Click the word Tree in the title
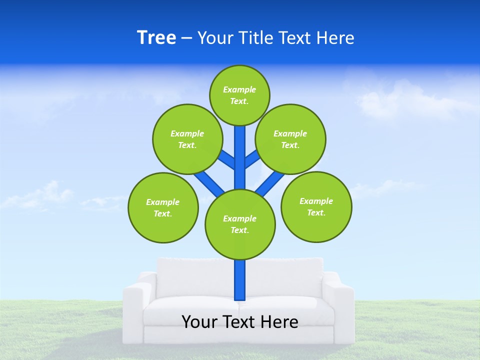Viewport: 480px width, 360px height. (x=156, y=38)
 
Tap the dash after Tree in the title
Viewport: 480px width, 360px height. (x=186, y=38)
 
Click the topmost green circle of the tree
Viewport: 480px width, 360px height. (x=239, y=95)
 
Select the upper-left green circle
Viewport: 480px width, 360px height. (x=187, y=139)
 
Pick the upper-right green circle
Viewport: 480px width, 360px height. (x=290, y=139)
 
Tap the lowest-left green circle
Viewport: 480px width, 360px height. (x=163, y=207)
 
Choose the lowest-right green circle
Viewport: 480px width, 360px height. (x=316, y=206)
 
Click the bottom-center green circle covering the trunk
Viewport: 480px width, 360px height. (x=239, y=224)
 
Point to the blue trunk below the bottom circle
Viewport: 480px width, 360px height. (x=240, y=280)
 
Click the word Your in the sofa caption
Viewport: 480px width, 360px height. (x=199, y=322)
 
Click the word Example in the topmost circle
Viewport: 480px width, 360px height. (x=239, y=89)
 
